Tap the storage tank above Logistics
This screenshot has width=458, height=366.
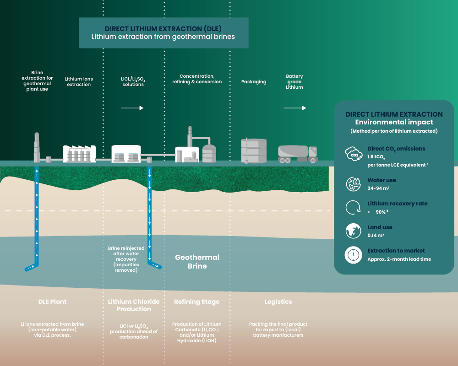(x=254, y=150)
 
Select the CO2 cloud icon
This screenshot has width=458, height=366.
(x=354, y=155)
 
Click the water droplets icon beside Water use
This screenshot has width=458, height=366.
(x=354, y=183)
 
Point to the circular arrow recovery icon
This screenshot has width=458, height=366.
(x=354, y=207)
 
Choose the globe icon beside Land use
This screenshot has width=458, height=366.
(x=354, y=231)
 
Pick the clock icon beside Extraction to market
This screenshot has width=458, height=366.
(x=354, y=255)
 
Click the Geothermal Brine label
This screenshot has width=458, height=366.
(x=197, y=262)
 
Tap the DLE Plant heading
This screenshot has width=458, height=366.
(x=52, y=302)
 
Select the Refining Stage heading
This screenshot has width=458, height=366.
(x=196, y=302)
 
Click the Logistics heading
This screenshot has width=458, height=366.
(x=278, y=302)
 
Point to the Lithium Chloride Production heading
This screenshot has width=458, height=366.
(x=134, y=305)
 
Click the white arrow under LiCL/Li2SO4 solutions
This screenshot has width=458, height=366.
(x=132, y=108)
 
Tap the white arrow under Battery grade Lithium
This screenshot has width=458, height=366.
(x=294, y=108)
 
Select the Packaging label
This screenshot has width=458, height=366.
(x=254, y=82)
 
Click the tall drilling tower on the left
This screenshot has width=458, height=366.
(x=37, y=147)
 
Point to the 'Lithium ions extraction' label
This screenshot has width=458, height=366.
(x=79, y=82)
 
